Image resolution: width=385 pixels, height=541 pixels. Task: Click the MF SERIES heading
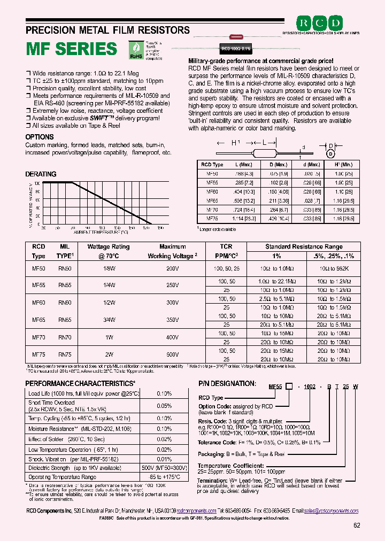tap(72, 49)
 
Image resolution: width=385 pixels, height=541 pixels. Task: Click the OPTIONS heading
tap(40, 137)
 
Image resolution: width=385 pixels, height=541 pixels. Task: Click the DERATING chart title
tap(41, 174)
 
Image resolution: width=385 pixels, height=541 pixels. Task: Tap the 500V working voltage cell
tap(172, 354)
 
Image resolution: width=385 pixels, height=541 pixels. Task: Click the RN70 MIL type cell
tap(64, 338)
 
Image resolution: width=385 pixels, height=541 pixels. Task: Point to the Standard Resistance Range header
tap(304, 247)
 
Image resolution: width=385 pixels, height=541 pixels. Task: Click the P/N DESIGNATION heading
tap(227, 383)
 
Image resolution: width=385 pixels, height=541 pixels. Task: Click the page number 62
tap(357, 525)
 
